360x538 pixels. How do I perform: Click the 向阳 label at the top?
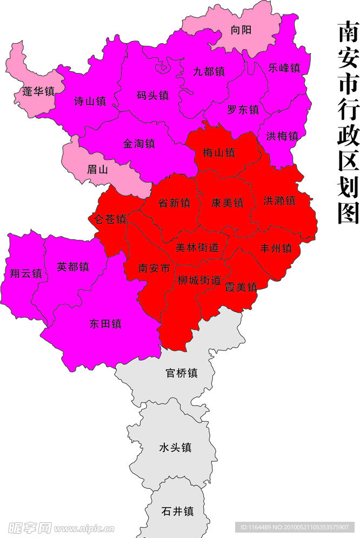click(241, 30)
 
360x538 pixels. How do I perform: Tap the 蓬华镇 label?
click(38, 91)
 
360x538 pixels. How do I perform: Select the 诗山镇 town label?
click(90, 100)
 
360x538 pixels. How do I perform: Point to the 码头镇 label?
click(153, 96)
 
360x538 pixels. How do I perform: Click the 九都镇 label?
click(209, 71)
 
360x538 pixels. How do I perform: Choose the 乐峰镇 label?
click(284, 68)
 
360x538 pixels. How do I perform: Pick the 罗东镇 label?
click(243, 110)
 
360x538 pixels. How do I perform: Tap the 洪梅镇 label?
click(282, 136)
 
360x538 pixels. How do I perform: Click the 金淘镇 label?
click(139, 144)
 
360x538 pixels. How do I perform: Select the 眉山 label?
click(98, 169)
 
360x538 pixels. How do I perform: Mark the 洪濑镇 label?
click(279, 201)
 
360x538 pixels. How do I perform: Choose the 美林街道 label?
click(197, 247)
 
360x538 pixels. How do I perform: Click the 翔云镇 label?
click(25, 273)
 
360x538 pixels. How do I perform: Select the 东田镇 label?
click(105, 324)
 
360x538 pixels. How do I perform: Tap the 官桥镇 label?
click(181, 373)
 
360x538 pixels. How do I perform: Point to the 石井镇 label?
click(177, 511)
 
